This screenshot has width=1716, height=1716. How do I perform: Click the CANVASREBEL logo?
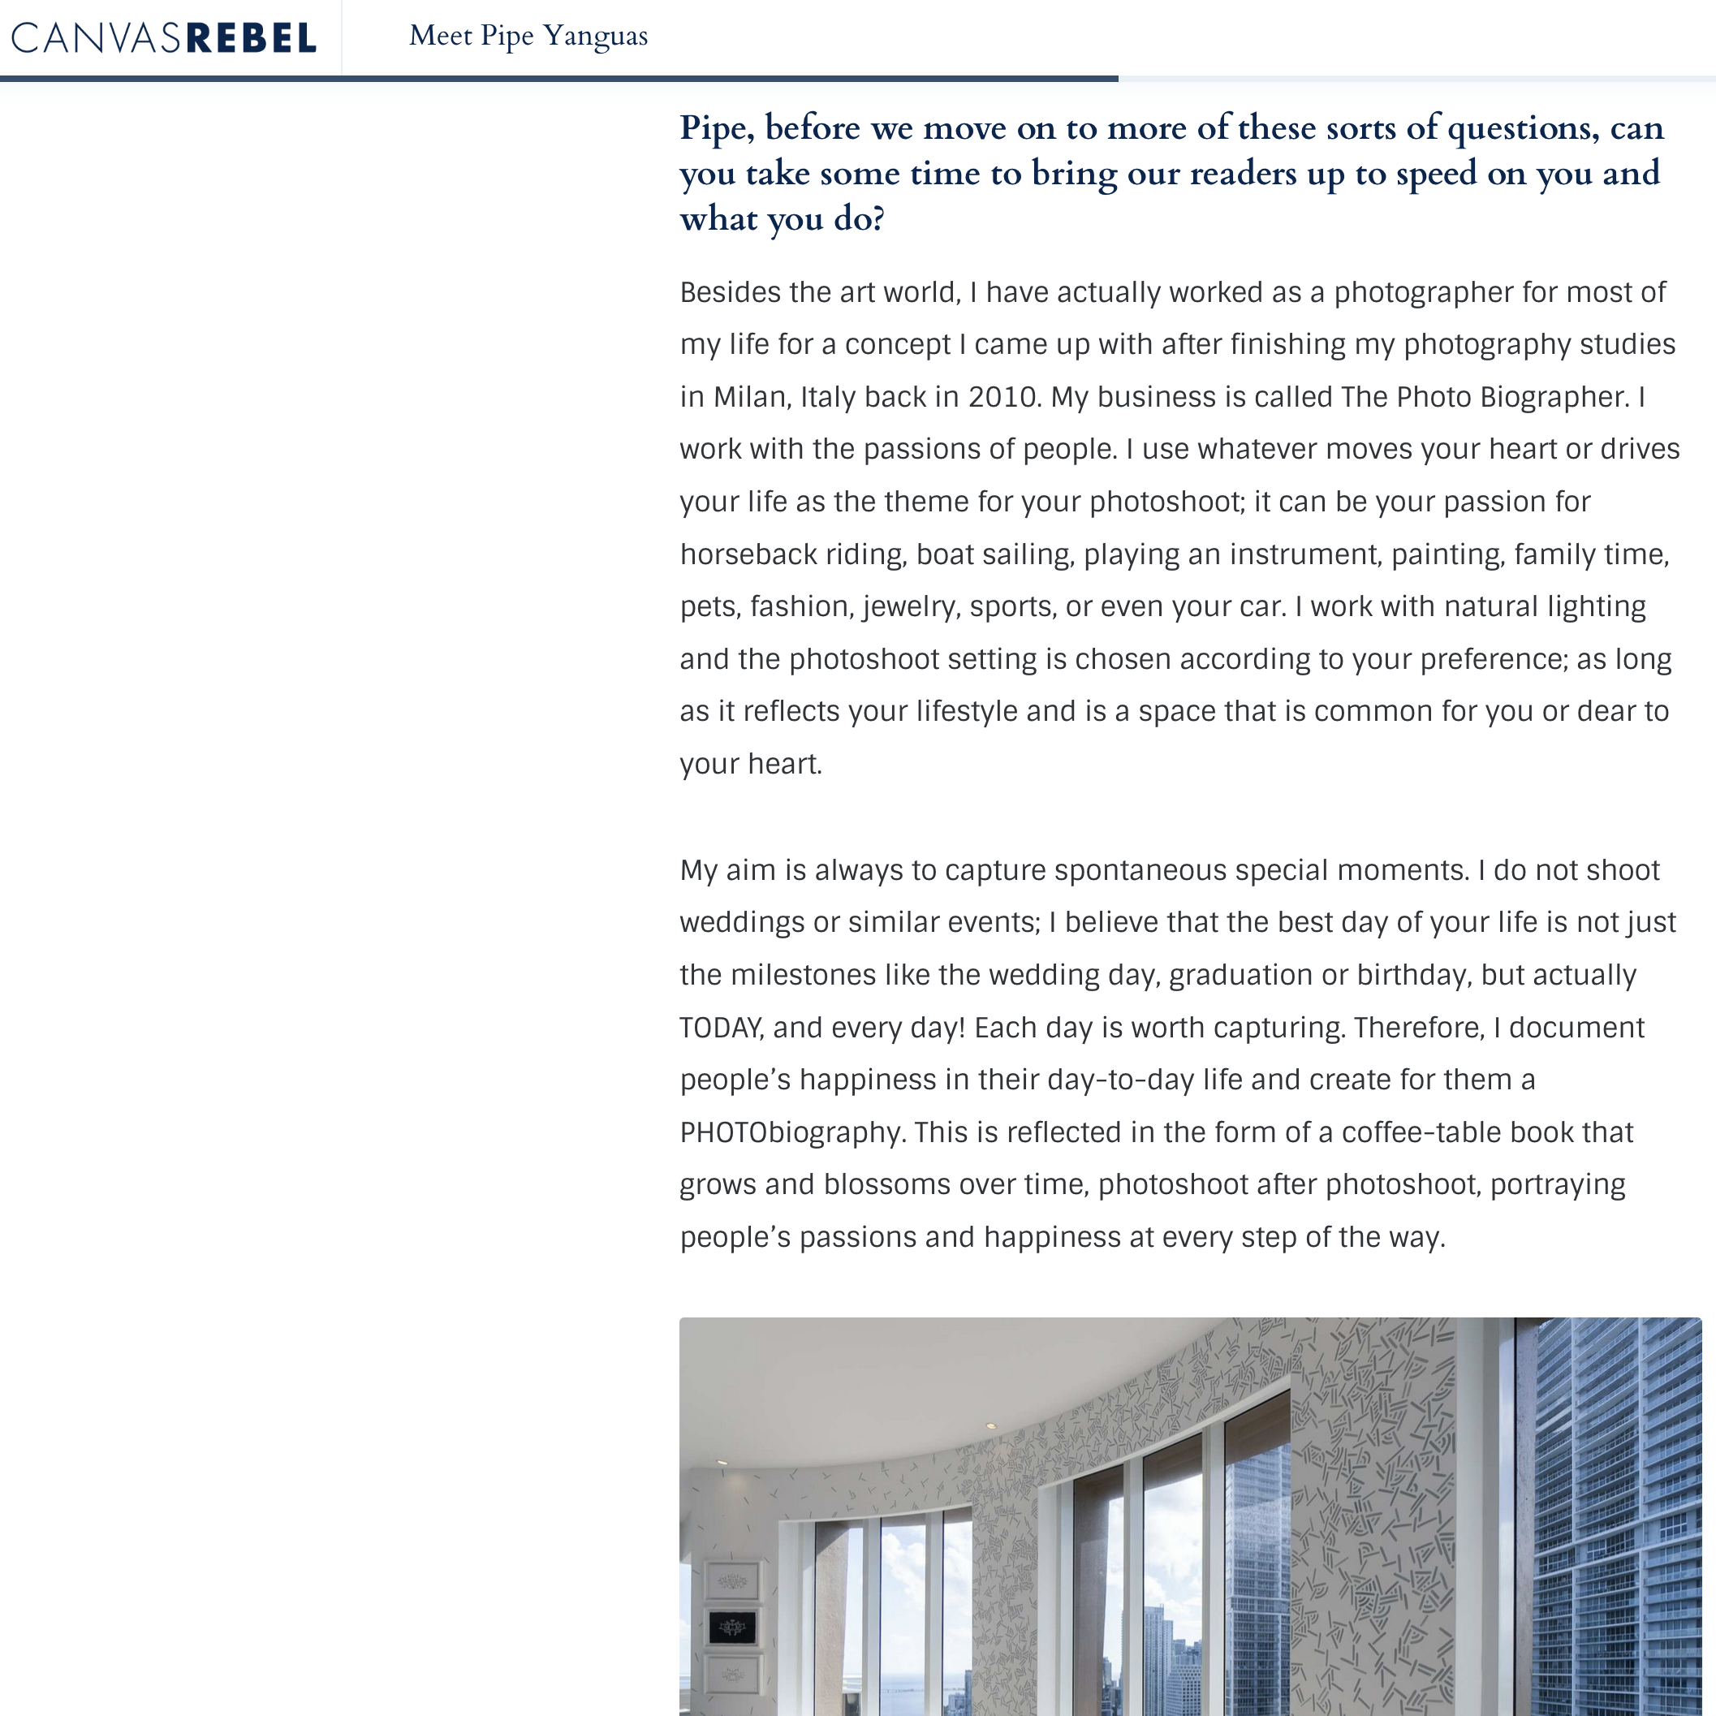coord(163,38)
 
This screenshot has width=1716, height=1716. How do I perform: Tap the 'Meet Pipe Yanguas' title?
coord(528,37)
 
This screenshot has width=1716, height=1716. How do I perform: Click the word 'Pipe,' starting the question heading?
coord(717,129)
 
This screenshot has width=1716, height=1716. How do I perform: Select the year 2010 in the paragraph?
coord(1002,397)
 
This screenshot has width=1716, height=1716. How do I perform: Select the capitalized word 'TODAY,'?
coord(721,1028)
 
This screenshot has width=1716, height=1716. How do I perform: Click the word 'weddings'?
coord(742,923)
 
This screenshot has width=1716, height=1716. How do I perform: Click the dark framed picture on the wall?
coord(732,1628)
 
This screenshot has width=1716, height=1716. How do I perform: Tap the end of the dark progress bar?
coord(1115,79)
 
